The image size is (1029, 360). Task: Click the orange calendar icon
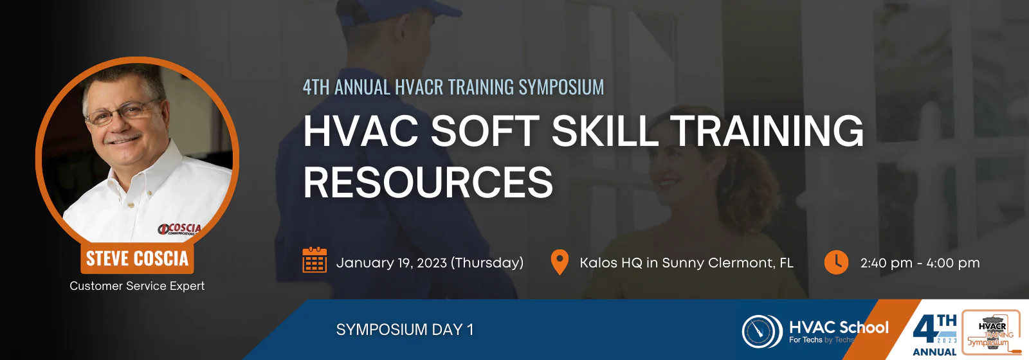(314, 260)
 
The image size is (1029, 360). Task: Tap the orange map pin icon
(560, 262)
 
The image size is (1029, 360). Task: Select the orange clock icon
(836, 262)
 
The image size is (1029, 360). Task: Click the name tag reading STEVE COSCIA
(137, 258)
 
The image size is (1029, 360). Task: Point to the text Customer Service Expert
(137, 285)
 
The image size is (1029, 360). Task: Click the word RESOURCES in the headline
(428, 183)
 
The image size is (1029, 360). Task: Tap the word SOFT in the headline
(485, 130)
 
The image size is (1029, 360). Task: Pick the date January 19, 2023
(392, 263)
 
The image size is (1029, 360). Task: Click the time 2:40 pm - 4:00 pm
(920, 263)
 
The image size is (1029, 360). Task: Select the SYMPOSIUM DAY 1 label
(405, 330)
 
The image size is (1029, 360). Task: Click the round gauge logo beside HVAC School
(762, 331)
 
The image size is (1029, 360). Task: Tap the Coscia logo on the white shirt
(180, 229)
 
